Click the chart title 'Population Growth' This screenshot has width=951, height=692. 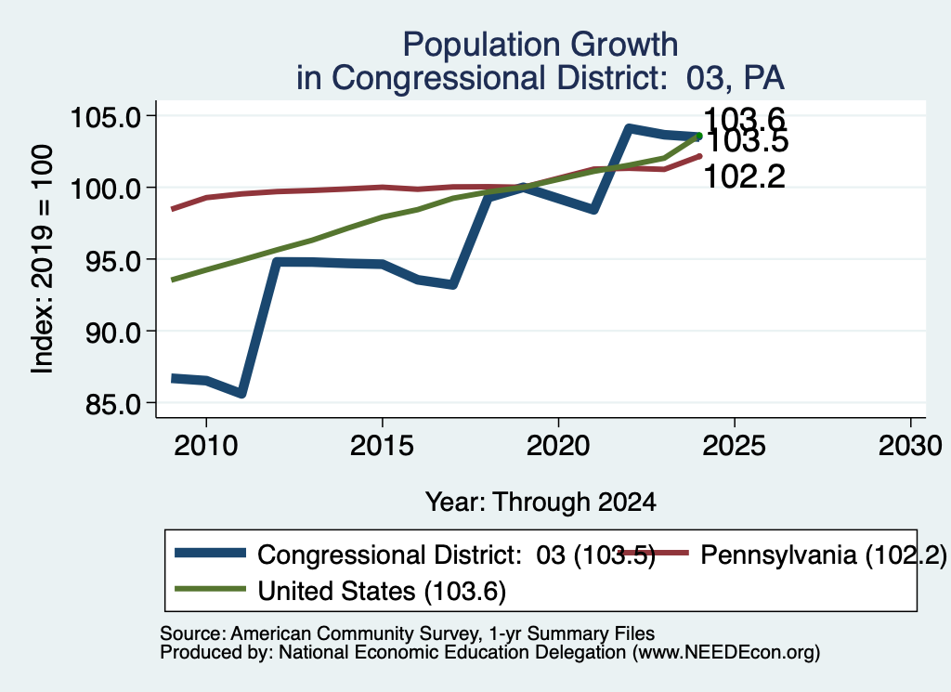click(x=540, y=46)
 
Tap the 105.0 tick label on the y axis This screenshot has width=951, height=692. click(x=106, y=116)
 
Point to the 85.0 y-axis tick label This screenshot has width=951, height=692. click(x=112, y=403)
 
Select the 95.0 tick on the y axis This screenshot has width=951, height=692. click(x=112, y=260)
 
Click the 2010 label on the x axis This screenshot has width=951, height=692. click(x=206, y=446)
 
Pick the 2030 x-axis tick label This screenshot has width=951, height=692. click(x=910, y=446)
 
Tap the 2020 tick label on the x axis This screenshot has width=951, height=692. click(x=558, y=446)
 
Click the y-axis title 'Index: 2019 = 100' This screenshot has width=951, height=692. click(x=43, y=259)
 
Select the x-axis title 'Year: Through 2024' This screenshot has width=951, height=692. click(x=541, y=503)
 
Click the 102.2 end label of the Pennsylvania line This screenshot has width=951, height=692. click(x=745, y=177)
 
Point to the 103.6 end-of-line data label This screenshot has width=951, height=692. click(x=745, y=118)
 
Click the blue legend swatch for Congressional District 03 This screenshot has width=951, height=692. click(x=211, y=553)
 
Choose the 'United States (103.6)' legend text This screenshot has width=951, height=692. click(x=382, y=591)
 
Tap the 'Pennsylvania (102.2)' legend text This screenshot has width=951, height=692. click(x=823, y=555)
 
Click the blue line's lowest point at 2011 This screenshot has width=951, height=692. click(x=241, y=394)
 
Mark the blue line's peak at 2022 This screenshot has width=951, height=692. click(x=629, y=128)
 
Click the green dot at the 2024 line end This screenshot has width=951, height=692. click(x=699, y=136)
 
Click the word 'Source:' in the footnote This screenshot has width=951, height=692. click(x=193, y=633)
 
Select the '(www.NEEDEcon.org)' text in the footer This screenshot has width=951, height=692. click(x=726, y=653)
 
